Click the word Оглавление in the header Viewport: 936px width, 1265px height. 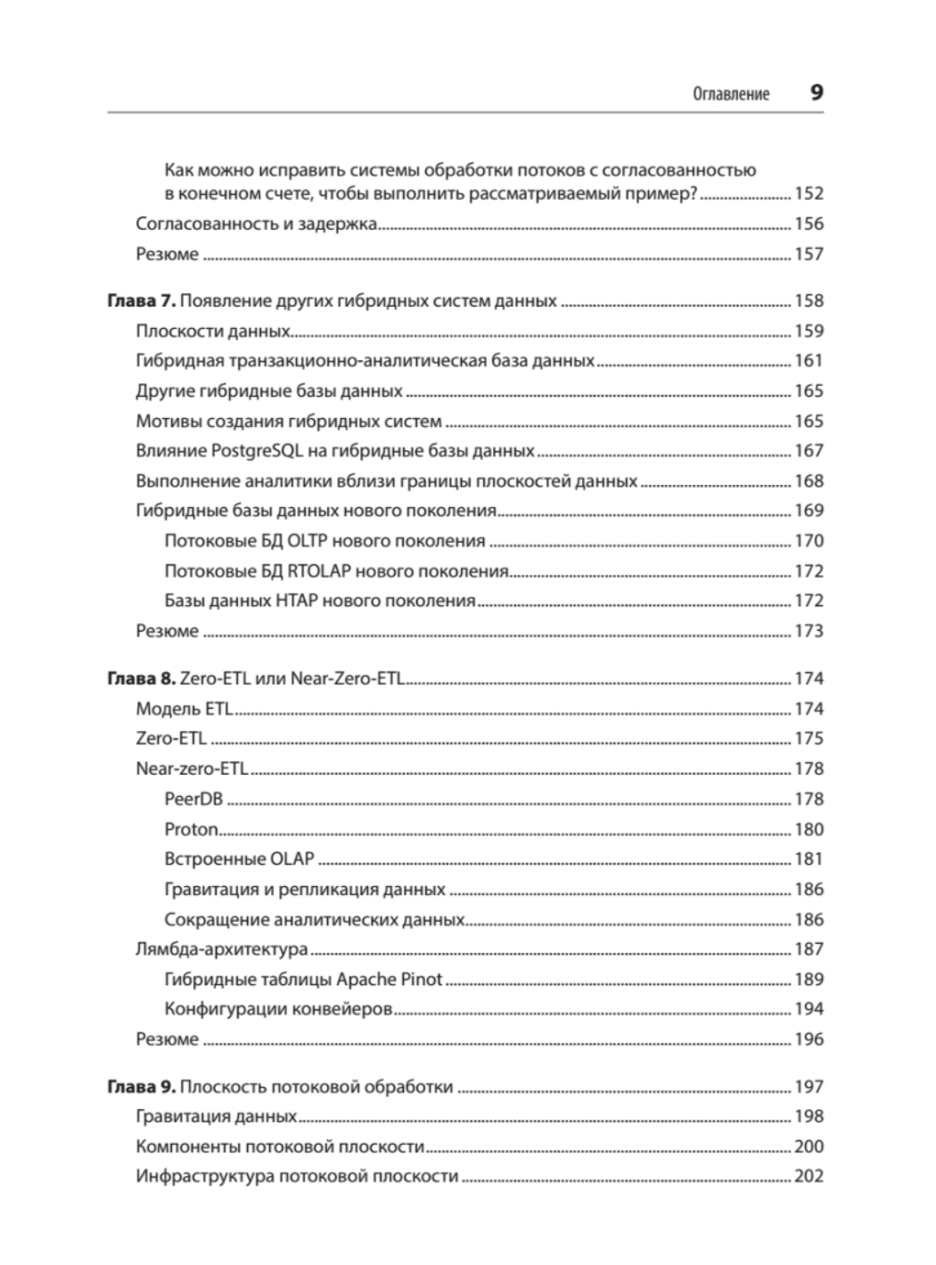(731, 94)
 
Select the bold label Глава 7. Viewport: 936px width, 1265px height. (141, 301)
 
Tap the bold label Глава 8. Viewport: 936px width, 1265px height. (141, 678)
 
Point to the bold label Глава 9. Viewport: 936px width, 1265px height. (141, 1087)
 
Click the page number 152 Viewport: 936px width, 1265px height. (809, 193)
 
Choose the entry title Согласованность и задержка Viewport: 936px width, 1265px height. (257, 224)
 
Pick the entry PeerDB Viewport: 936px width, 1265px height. (193, 799)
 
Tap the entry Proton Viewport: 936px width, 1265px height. (192, 829)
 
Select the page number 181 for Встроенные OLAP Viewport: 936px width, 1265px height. (809, 859)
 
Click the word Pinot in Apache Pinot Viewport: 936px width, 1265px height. (421, 979)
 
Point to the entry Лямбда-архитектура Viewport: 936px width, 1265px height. (222, 949)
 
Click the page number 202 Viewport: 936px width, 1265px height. (809, 1177)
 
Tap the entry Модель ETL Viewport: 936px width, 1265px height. (184, 709)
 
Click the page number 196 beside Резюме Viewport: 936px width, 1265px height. (809, 1039)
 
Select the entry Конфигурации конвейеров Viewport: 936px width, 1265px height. (278, 1009)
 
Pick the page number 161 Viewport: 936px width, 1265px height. (809, 361)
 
